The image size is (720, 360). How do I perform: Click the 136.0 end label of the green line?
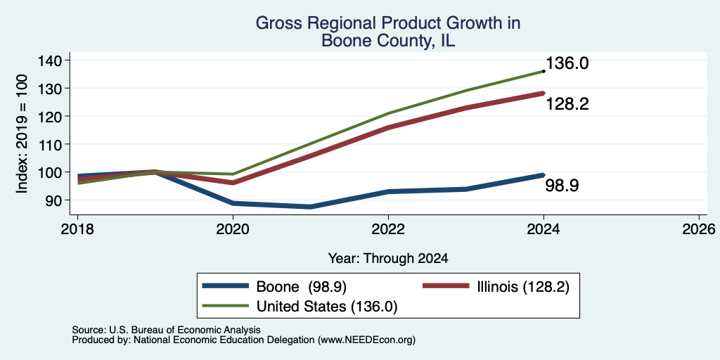(x=567, y=63)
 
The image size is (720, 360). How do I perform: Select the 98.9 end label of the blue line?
(x=562, y=186)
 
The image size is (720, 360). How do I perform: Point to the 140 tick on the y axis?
(x=51, y=60)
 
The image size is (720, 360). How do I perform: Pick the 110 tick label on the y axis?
(x=51, y=144)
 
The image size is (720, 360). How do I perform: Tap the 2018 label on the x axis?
(x=77, y=229)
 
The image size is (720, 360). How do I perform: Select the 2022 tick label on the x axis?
(x=388, y=229)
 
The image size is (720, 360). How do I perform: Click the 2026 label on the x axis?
(x=699, y=229)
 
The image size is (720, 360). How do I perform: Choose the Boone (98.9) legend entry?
(x=274, y=287)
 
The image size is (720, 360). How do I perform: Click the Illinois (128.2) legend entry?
(x=496, y=287)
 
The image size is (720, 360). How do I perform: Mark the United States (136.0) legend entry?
(x=300, y=307)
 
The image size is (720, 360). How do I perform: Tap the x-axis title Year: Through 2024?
(x=388, y=259)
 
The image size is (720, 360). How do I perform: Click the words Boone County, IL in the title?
(x=388, y=40)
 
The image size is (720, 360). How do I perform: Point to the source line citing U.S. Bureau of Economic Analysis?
(x=166, y=330)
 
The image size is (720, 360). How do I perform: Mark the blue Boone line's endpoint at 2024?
(x=544, y=175)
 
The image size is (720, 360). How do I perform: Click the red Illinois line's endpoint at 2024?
(x=544, y=94)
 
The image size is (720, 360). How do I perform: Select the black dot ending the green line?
(x=544, y=71)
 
